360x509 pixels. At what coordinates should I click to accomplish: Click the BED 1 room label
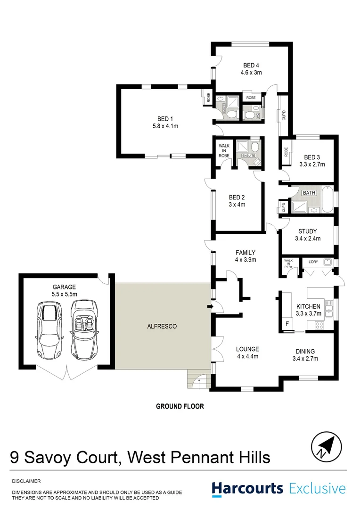165,118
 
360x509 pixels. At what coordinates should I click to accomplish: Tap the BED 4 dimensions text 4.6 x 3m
251,73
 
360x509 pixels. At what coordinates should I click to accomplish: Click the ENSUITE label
248,156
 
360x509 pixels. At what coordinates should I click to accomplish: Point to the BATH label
309,193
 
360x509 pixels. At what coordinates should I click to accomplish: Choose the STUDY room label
307,231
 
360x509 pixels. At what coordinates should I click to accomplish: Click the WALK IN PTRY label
288,264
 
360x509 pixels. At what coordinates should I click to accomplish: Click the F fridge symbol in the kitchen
287,325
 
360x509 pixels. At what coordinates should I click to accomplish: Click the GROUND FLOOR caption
180,406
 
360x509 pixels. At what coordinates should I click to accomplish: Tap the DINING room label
305,351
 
